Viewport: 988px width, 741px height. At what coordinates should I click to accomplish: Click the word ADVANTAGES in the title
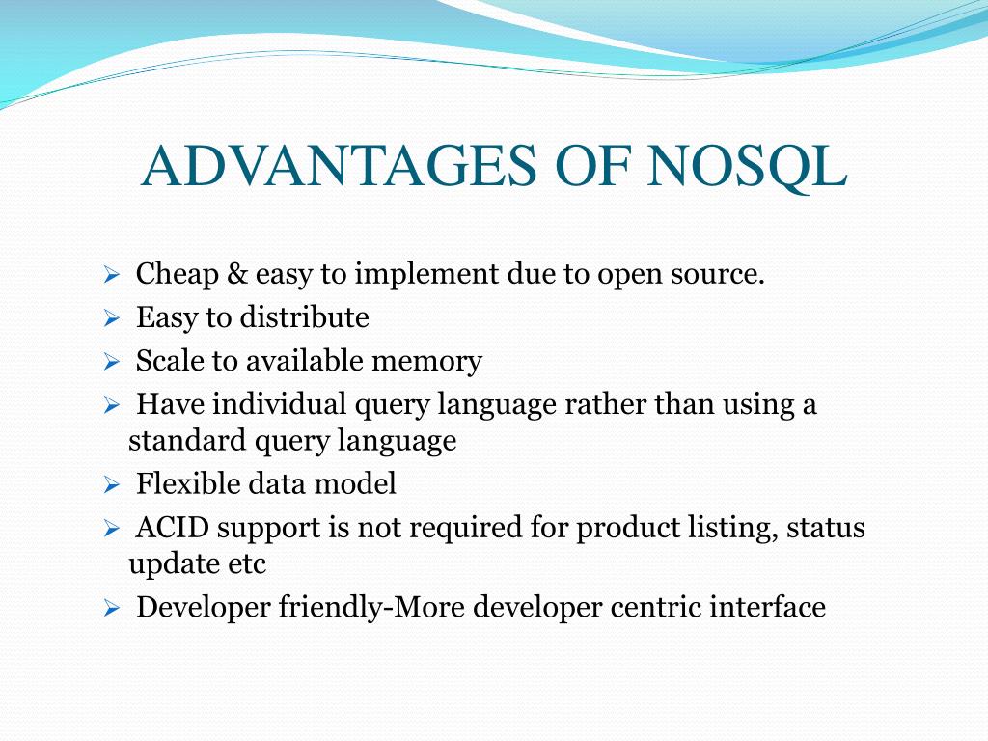pyautogui.click(x=340, y=166)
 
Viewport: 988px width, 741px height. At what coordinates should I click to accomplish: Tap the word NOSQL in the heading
pyautogui.click(x=746, y=168)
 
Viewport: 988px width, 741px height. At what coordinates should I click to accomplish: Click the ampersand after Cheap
pyautogui.click(x=237, y=274)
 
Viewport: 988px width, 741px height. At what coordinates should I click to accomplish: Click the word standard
pyautogui.click(x=187, y=440)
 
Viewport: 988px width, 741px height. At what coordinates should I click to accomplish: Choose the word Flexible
pyautogui.click(x=188, y=483)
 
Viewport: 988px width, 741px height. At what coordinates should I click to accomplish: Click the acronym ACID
pyautogui.click(x=172, y=528)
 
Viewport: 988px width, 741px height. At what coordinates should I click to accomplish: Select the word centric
pyautogui.click(x=655, y=608)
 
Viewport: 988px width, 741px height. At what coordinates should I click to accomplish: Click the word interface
pyautogui.click(x=767, y=607)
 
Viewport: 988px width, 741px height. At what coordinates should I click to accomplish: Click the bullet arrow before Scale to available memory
pyautogui.click(x=112, y=362)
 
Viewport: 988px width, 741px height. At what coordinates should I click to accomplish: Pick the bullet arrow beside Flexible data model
pyautogui.click(x=112, y=484)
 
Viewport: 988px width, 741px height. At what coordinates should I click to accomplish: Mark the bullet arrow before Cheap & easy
pyautogui.click(x=112, y=275)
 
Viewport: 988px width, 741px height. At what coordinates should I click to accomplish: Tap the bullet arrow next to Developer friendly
pyautogui.click(x=112, y=608)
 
